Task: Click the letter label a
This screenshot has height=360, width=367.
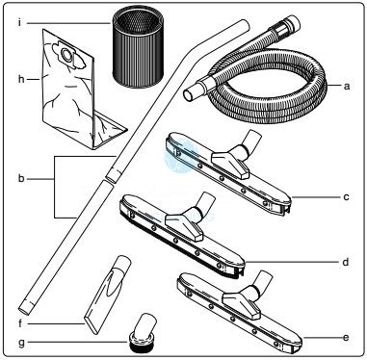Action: point(347,86)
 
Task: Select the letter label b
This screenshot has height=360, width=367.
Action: point(21,178)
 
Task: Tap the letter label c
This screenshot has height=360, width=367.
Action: point(346,196)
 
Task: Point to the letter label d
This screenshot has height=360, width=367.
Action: point(346,262)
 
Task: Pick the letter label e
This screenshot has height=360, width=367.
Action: point(346,338)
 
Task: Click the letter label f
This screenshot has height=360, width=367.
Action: point(20,323)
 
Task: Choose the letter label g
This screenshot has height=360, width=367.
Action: point(21,343)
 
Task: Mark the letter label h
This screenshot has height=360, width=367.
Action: point(21,79)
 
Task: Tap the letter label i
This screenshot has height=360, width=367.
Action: point(20,23)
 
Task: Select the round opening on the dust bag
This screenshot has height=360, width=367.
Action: point(67,55)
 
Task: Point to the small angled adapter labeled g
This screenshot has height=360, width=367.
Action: point(143,333)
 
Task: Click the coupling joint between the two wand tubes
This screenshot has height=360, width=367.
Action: point(113,175)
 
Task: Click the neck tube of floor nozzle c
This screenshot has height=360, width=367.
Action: point(252,141)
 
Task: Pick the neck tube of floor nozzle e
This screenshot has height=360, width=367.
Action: point(264,281)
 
